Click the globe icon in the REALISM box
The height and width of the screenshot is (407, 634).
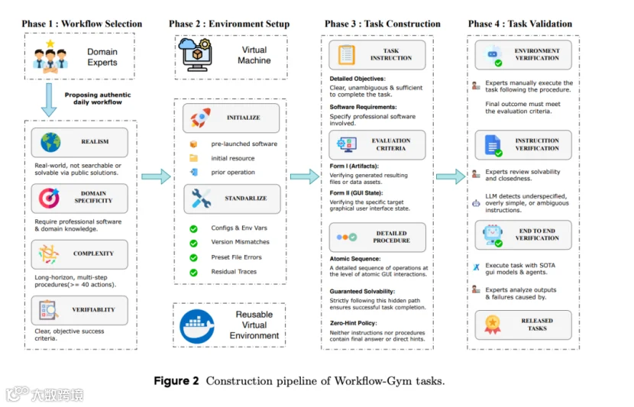(x=50, y=142)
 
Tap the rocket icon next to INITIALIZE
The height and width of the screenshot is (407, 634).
(x=201, y=118)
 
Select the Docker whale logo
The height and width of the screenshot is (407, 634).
(x=197, y=326)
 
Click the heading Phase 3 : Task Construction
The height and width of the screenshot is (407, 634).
(x=383, y=24)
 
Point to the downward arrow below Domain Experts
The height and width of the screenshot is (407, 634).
(x=49, y=100)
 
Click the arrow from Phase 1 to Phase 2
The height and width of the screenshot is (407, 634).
(x=156, y=176)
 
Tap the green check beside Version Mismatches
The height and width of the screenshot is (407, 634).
(x=194, y=244)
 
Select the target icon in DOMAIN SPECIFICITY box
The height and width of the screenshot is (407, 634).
(x=50, y=198)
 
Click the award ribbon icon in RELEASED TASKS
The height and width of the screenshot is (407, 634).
(x=493, y=325)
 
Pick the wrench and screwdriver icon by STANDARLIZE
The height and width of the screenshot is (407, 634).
(x=201, y=199)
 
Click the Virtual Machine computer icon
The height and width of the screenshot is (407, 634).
(x=196, y=54)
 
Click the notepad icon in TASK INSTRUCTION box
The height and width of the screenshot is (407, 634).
(x=346, y=54)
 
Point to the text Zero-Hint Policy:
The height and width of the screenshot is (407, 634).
(x=354, y=323)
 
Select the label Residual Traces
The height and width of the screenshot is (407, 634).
(x=234, y=272)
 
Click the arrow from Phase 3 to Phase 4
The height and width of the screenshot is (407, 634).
(x=451, y=176)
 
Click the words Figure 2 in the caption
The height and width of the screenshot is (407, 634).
(x=176, y=381)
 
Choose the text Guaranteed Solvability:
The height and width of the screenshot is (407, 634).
(x=362, y=292)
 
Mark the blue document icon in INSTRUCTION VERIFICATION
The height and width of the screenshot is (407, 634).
(x=493, y=146)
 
